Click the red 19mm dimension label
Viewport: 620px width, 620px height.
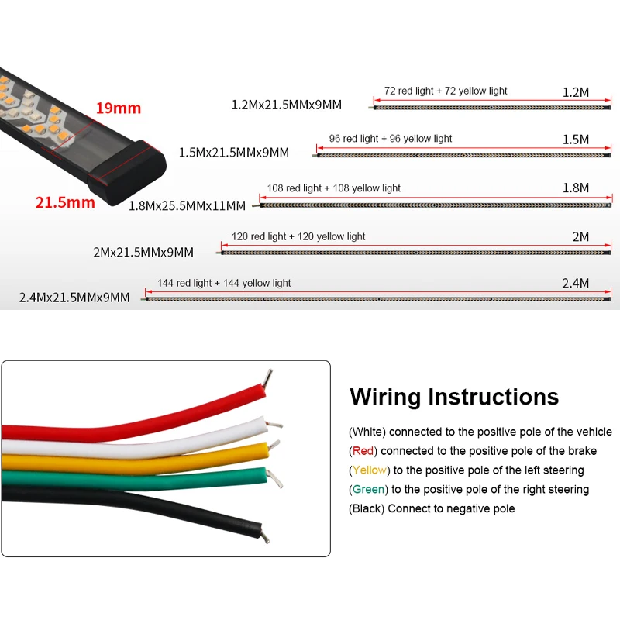tap(118, 108)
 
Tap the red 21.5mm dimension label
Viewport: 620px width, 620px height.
tap(65, 203)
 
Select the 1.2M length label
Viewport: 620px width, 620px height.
tap(575, 92)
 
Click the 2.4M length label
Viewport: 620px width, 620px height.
tap(576, 284)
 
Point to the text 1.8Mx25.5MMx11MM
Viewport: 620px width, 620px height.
tap(187, 205)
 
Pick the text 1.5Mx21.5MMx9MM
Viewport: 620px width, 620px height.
tap(233, 153)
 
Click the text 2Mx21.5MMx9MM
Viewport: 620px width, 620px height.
tap(143, 252)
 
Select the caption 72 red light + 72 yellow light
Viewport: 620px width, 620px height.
tap(446, 91)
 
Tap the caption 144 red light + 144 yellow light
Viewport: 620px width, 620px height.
tap(224, 283)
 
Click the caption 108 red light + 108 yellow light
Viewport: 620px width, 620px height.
tap(334, 188)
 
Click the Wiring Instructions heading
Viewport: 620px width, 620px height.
tap(454, 397)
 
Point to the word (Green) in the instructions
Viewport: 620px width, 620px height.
tap(368, 489)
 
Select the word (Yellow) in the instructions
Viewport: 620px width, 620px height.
tap(370, 470)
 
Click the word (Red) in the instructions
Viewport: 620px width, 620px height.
tap(363, 450)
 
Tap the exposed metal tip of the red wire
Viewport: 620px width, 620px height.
tap(268, 378)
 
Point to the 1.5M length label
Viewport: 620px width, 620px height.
tap(575, 139)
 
